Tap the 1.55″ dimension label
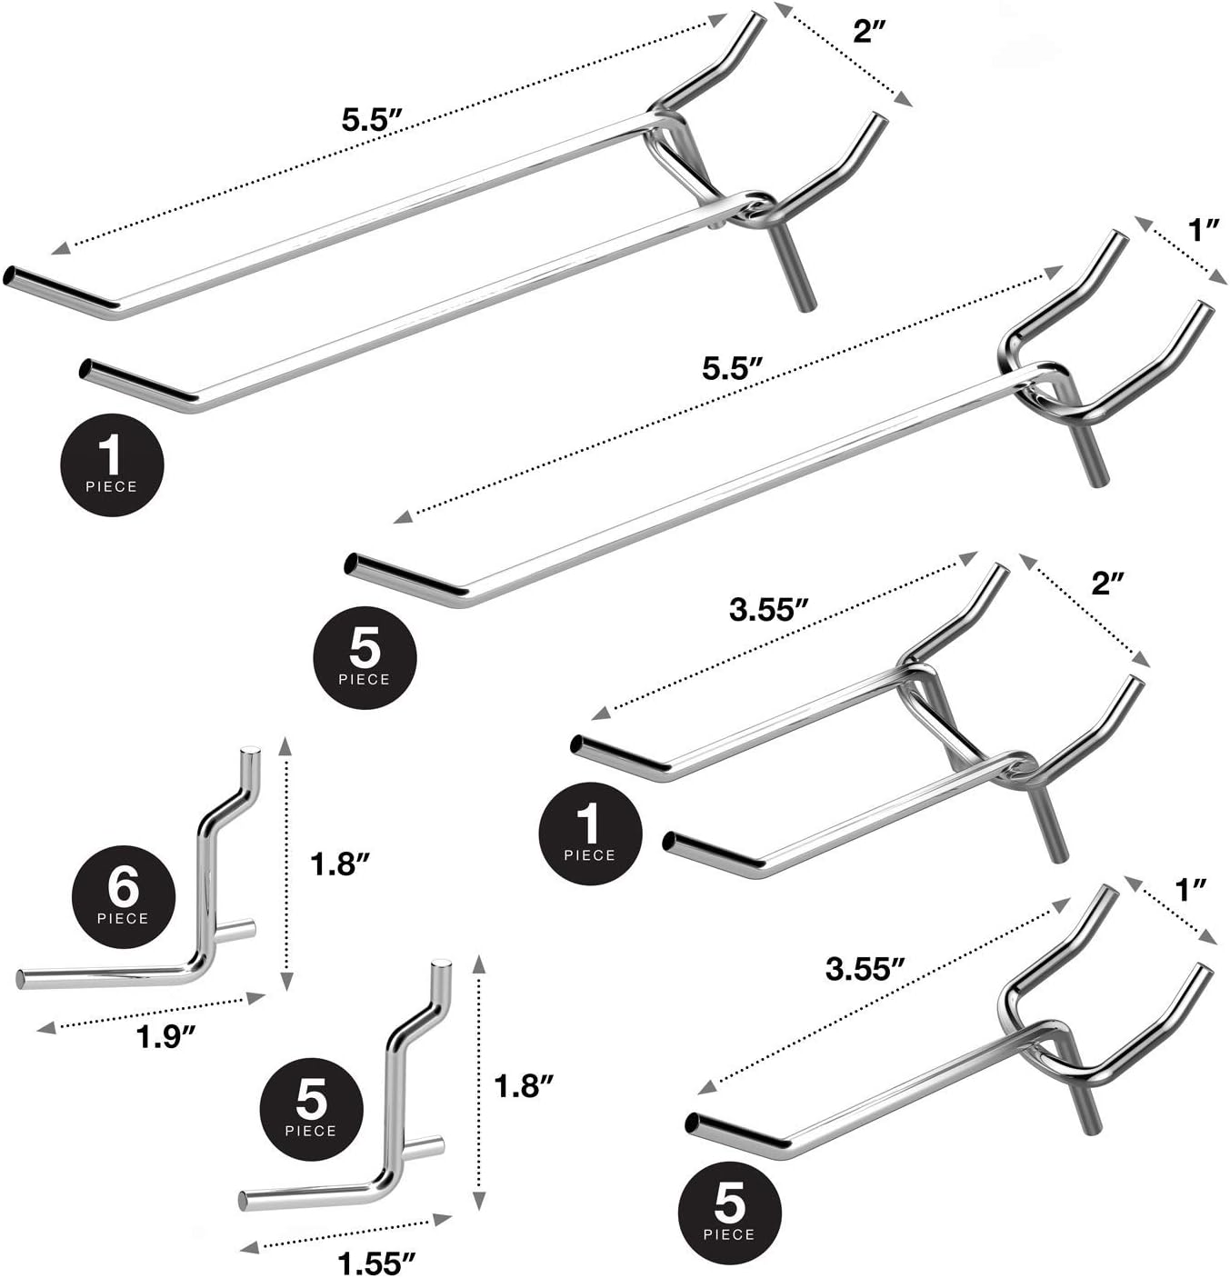tap(375, 1262)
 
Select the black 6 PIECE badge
tap(123, 896)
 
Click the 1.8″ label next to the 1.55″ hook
tap(524, 1085)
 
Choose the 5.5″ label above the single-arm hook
tap(731, 367)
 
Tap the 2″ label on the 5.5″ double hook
tap(868, 34)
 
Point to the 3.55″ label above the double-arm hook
tap(768, 609)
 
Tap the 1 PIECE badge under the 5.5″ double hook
tap(112, 465)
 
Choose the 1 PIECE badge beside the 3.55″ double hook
tap(589, 834)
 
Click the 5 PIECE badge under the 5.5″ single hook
tap(364, 658)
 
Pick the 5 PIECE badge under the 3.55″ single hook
tap(729, 1213)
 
